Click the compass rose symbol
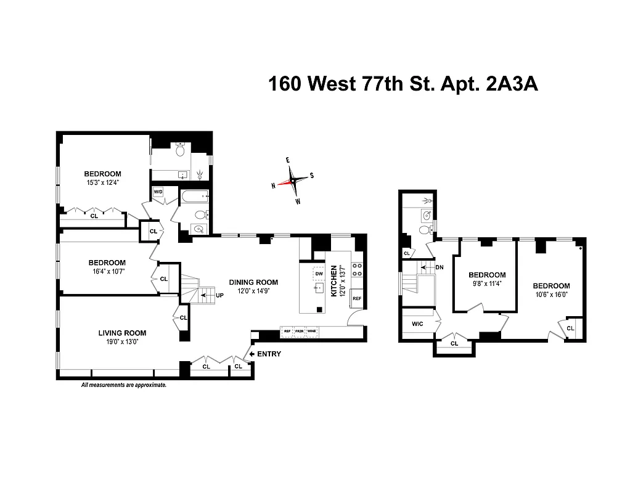pos(292,181)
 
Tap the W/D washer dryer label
pos(157,191)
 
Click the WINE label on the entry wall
pos(312,331)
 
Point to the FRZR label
pos(300,331)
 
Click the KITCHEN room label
pos(334,282)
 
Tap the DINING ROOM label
pos(253,282)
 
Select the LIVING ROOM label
pos(122,333)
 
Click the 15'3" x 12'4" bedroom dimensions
pos(102,183)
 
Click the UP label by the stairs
pos(219,295)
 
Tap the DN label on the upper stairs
pos(440,267)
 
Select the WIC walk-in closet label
pos(417,324)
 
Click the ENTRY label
pos(269,354)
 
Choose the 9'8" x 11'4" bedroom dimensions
pos(487,284)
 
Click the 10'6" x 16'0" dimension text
pos(551,295)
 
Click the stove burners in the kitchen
pos(357,269)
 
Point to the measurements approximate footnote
pos(124,385)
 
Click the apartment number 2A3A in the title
pos(512,84)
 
